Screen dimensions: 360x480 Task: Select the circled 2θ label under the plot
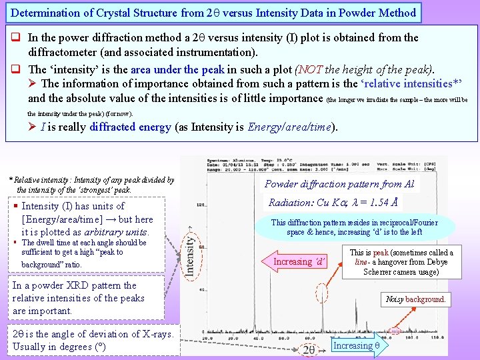pyautogui.click(x=309, y=349)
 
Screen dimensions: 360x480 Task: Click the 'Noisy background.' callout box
pyautogui.click(x=415, y=299)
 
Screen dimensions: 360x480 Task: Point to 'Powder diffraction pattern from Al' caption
pyautogui.click(x=339, y=184)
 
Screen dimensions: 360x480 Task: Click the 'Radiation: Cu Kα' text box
pyautogui.click(x=334, y=202)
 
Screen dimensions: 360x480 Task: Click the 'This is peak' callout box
pyautogui.click(x=401, y=262)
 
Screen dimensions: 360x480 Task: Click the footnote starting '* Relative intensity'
pyautogui.click(x=91, y=185)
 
